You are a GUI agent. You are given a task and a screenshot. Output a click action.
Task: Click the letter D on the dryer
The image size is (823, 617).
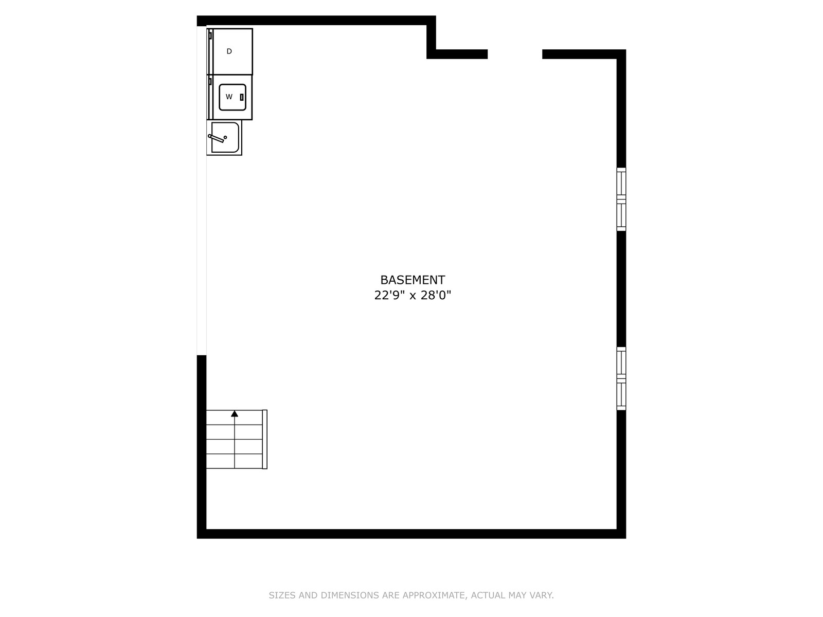(x=229, y=51)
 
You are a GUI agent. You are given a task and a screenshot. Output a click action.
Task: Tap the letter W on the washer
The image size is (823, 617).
(x=229, y=97)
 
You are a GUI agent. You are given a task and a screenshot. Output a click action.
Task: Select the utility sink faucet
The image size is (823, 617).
(x=217, y=138)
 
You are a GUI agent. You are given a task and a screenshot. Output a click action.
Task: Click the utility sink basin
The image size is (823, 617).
(x=225, y=137)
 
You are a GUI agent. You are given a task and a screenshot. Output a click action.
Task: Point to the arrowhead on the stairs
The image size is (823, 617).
(x=235, y=413)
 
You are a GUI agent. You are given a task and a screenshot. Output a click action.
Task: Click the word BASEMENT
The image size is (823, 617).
(x=413, y=280)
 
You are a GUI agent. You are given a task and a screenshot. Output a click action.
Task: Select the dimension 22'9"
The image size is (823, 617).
(x=390, y=295)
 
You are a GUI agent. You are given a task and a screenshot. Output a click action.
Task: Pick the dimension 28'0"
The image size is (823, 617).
(x=436, y=295)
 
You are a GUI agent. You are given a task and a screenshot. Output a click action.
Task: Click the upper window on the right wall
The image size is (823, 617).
(x=621, y=199)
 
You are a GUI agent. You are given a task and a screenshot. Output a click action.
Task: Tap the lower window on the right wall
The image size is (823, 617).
(x=621, y=378)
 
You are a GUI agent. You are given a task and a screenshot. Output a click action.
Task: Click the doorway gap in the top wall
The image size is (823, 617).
(x=515, y=55)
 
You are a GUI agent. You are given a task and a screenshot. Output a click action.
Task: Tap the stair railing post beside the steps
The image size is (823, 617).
(x=265, y=439)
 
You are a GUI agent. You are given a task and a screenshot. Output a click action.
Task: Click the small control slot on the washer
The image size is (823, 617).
(x=242, y=97)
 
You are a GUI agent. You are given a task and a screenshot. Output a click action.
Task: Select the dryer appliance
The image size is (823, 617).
(x=229, y=52)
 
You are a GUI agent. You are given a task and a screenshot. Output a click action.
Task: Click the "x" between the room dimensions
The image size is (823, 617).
(x=413, y=296)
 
